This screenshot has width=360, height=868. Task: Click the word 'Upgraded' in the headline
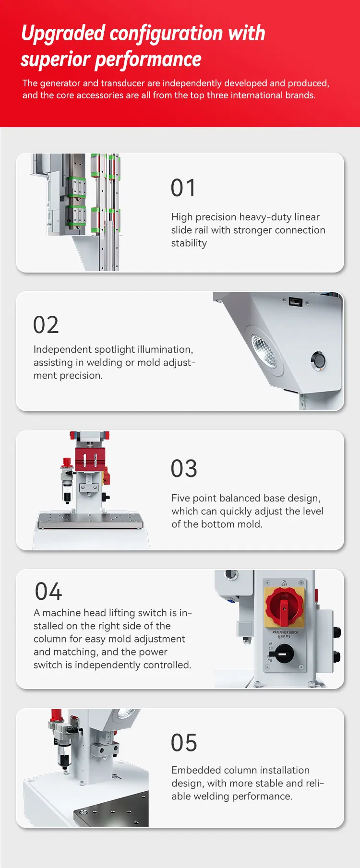63,34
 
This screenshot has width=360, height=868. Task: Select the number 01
183,188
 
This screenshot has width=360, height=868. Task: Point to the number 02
46,325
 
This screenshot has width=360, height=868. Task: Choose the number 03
184,469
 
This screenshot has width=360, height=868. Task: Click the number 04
48,592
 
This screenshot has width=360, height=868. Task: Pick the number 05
184,743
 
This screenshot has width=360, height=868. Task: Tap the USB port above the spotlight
295,302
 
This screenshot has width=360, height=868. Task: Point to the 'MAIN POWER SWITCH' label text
285,632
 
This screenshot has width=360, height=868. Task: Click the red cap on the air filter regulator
66,463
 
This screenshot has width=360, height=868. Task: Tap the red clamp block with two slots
90,460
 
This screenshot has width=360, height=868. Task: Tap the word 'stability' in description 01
189,243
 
